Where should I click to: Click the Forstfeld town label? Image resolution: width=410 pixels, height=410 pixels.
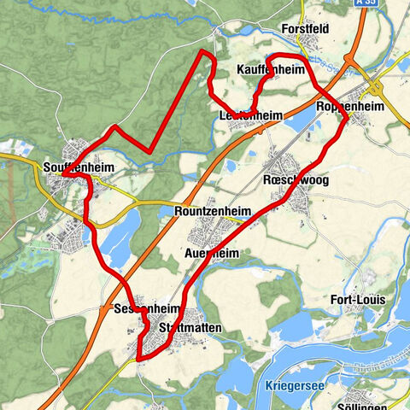tap(304, 28)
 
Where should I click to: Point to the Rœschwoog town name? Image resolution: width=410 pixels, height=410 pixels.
tap(296, 182)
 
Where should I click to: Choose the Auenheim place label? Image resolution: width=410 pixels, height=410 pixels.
tap(217, 254)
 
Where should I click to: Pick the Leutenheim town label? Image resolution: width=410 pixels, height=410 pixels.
tap(251, 115)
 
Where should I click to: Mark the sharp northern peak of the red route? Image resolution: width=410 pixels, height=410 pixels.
tap(204, 52)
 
